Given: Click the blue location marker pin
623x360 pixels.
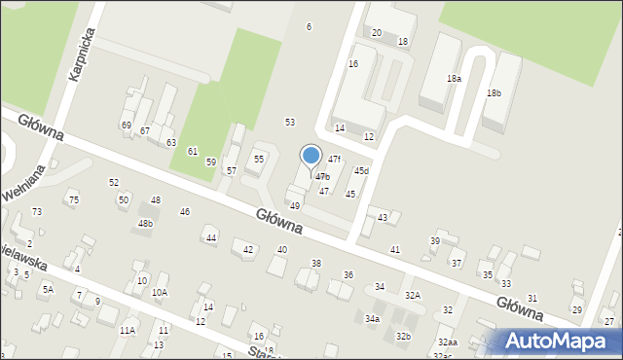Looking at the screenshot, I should (x=311, y=156).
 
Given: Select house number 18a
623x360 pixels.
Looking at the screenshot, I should (x=454, y=78).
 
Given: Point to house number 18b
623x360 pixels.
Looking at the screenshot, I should (x=494, y=92).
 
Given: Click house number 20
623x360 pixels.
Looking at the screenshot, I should (x=377, y=33).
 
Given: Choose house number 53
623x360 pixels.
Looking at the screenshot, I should (x=289, y=122).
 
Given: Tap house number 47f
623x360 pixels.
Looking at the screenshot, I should (x=334, y=159).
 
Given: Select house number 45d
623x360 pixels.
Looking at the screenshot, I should (x=361, y=171).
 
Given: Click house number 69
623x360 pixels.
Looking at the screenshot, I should (x=126, y=126).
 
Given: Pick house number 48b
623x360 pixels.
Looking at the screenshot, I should (x=145, y=224).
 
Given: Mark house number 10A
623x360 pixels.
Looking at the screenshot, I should (x=159, y=292).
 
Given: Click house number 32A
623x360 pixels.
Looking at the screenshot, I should (x=413, y=295).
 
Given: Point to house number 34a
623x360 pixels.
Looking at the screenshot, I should (x=372, y=318).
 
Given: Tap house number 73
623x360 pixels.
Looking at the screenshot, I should (x=37, y=211).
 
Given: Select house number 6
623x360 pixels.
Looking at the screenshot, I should (x=310, y=26).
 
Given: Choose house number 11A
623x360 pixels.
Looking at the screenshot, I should (x=128, y=331).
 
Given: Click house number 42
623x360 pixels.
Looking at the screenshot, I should (x=248, y=250).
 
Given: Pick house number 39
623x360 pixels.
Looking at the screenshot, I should (x=435, y=240).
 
